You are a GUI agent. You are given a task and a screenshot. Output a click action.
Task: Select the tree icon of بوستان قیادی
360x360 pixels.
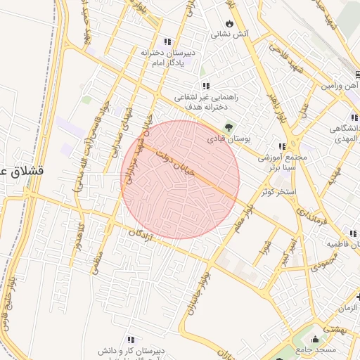pos(229,127)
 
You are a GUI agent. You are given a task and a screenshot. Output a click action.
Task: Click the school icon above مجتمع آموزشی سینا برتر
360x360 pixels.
pos(283,146)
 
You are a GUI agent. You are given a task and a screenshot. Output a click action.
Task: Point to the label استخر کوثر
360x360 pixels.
pos(279,191)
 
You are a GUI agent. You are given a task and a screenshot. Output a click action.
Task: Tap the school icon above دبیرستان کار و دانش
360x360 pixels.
pos(131,339)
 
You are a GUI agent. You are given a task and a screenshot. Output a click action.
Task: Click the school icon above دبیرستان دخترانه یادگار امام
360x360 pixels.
pos(167,41)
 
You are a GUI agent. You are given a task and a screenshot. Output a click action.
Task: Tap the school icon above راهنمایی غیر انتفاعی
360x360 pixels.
pos(206,86)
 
